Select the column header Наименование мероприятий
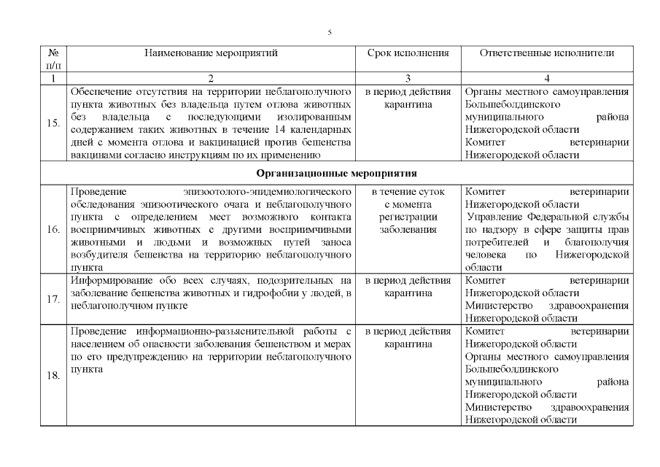pyautogui.click(x=211, y=53)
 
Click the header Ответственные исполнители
pyautogui.click(x=547, y=53)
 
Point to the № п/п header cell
pyautogui.click(x=53, y=59)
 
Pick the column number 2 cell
pyautogui.click(x=211, y=78)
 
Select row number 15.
pyautogui.click(x=53, y=123)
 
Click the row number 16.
pyautogui.click(x=53, y=229)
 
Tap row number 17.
pyautogui.click(x=53, y=298)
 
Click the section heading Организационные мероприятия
pyautogui.click(x=336, y=174)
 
